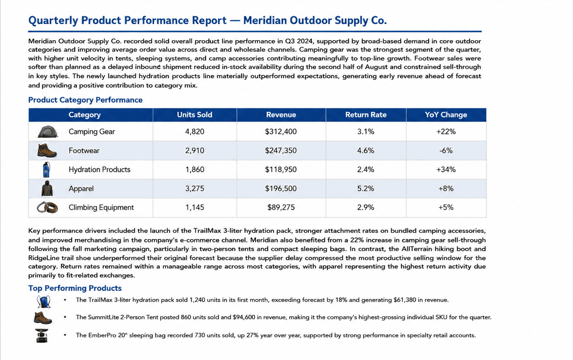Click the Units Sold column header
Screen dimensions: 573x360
click(x=195, y=115)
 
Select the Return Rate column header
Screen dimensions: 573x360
click(x=366, y=115)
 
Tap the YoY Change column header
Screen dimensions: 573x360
click(x=446, y=115)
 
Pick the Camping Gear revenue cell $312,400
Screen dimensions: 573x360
click(x=280, y=132)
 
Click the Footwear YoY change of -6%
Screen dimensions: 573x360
click(x=446, y=150)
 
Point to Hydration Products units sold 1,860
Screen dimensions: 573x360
click(x=195, y=169)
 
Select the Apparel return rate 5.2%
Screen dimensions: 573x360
click(x=366, y=188)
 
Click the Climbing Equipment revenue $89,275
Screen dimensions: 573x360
click(x=280, y=207)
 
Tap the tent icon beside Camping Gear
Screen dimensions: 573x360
click(x=48, y=132)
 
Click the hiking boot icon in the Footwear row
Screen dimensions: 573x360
click(x=47, y=150)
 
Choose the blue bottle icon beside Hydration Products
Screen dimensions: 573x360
click(x=47, y=169)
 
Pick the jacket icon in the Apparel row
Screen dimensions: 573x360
click(x=47, y=188)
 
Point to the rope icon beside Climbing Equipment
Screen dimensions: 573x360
click(x=48, y=207)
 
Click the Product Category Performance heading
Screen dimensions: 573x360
click(x=85, y=100)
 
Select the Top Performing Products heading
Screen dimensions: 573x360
click(x=75, y=288)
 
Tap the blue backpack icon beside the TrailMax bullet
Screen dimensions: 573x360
click(x=44, y=301)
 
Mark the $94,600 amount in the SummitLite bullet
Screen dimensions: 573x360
click(x=244, y=317)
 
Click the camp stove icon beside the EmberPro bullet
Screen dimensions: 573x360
click(x=42, y=336)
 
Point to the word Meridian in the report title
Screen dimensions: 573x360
click(x=265, y=21)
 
